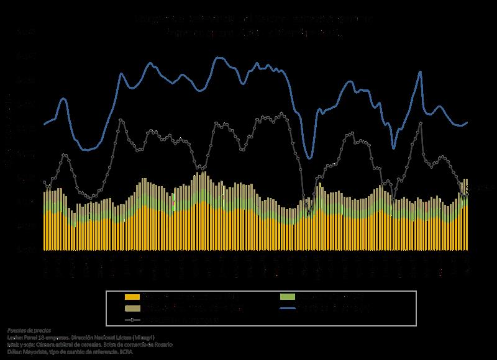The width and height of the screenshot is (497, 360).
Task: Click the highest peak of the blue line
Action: point(221,58)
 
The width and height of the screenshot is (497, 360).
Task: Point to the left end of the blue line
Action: point(44,124)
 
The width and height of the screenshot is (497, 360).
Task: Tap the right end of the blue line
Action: point(467,122)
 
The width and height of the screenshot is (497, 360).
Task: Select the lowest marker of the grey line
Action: point(309,213)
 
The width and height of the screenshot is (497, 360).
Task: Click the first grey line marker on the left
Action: point(44,181)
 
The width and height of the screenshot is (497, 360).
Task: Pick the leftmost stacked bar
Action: point(44,220)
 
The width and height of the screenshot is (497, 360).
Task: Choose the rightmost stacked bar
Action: point(467,214)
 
